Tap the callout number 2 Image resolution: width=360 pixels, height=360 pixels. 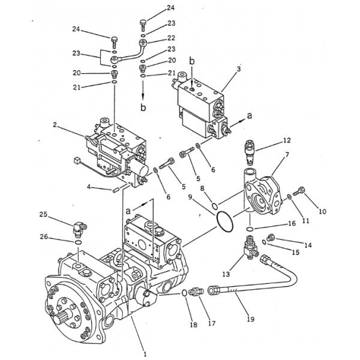click(55, 125)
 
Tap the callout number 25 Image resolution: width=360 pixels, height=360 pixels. click(43, 214)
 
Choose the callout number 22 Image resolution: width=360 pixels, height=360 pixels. click(171, 38)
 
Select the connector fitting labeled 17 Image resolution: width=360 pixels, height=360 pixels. click(196, 293)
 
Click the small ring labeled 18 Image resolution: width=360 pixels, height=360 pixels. click(184, 293)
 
